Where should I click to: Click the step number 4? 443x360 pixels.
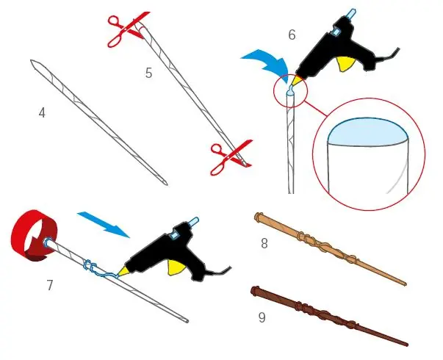click(x=42, y=113)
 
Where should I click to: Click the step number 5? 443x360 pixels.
click(x=149, y=73)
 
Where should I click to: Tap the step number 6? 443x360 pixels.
click(x=292, y=35)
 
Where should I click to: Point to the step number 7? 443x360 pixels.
click(x=50, y=285)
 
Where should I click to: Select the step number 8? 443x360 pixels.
click(x=264, y=243)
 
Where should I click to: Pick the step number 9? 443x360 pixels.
click(x=262, y=317)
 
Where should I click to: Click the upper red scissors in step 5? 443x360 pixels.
click(x=128, y=29)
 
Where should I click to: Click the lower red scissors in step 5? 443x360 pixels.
click(x=230, y=157)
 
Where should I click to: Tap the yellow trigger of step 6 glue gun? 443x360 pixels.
click(x=346, y=64)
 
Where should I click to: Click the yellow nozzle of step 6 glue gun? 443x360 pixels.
click(x=297, y=80)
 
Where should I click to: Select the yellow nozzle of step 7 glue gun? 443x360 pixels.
click(x=123, y=271)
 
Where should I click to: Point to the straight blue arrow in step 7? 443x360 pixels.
click(x=104, y=224)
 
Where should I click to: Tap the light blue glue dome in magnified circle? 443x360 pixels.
click(x=368, y=132)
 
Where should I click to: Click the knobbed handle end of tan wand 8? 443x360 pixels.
click(x=259, y=217)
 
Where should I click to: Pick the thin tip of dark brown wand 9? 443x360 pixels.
click(x=406, y=345)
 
